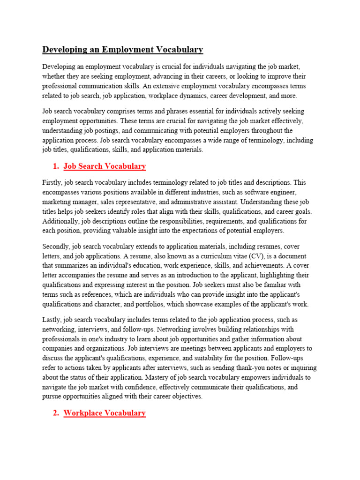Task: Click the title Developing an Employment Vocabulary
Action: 122,49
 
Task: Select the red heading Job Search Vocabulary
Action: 105,166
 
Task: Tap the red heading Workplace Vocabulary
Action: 105,413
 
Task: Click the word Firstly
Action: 52,182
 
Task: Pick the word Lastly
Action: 51,320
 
